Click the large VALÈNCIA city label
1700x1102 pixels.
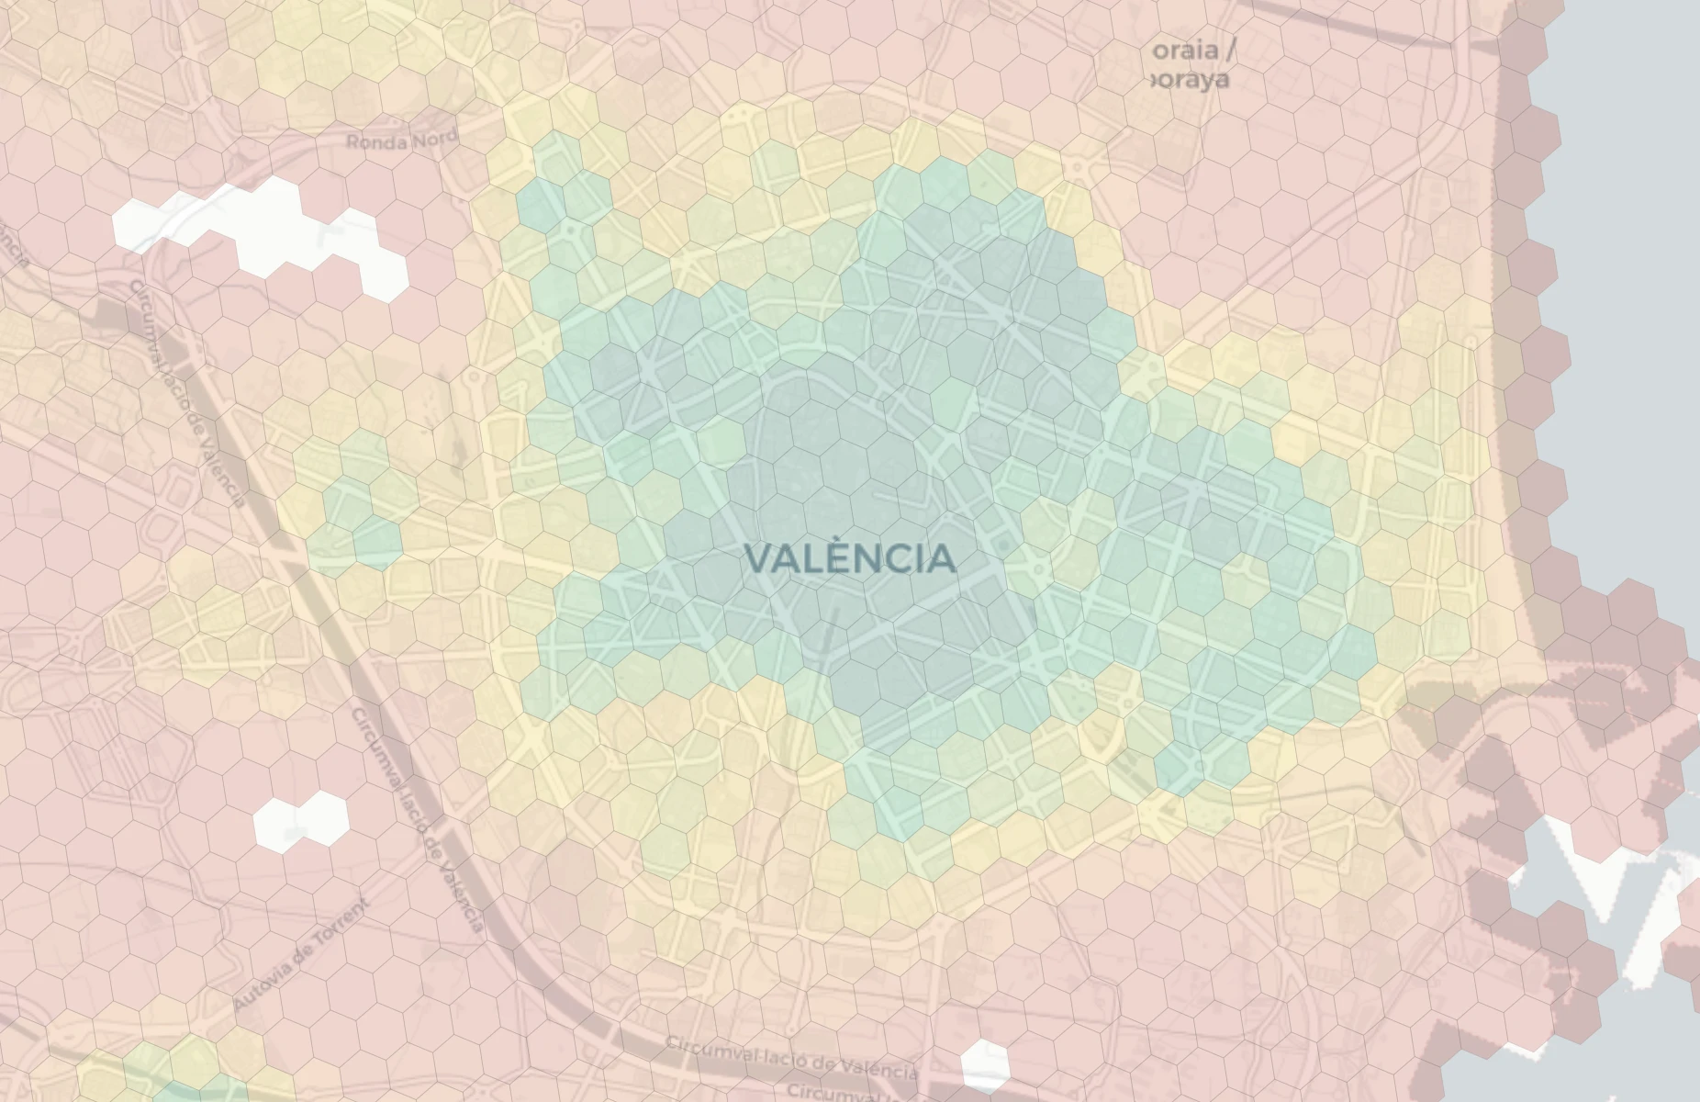point(849,558)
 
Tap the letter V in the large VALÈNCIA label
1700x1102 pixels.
point(758,558)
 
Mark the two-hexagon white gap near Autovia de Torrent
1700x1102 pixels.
point(301,818)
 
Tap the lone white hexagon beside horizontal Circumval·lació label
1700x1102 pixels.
point(985,1064)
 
